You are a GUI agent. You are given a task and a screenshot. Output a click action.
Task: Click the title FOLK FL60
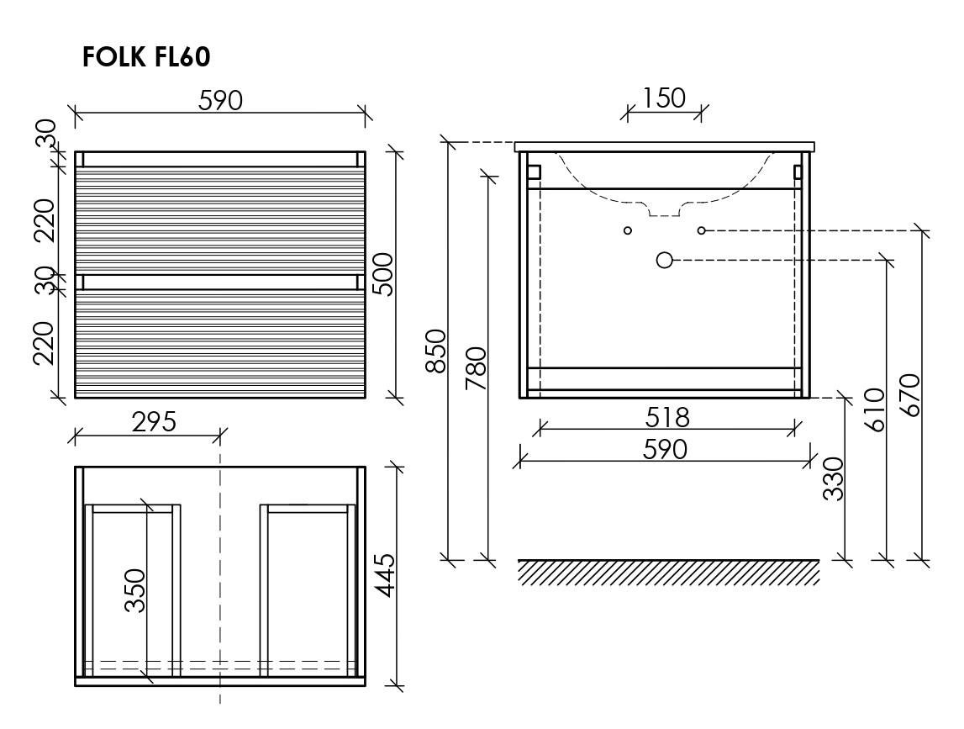(146, 56)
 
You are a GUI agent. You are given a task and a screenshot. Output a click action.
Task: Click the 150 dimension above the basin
(663, 98)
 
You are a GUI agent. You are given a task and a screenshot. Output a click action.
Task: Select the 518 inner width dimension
(667, 418)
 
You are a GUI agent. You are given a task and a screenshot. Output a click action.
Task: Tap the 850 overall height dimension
(436, 351)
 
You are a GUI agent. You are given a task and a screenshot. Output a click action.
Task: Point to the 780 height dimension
(477, 368)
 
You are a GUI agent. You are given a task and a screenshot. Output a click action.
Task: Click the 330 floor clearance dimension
(833, 478)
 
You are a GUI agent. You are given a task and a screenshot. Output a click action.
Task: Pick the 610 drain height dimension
(873, 409)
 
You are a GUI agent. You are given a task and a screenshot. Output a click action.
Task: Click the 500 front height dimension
(383, 274)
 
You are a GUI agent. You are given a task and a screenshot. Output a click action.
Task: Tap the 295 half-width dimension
(154, 422)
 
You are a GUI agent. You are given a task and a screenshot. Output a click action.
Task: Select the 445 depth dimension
(386, 574)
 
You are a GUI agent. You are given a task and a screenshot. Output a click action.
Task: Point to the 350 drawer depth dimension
(135, 590)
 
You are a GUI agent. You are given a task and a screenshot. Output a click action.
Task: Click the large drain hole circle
(665, 260)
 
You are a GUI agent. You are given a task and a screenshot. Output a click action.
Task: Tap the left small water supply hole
(628, 230)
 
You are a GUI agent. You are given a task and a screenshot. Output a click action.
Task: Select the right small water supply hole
(702, 230)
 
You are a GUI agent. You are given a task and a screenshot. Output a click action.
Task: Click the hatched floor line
(669, 572)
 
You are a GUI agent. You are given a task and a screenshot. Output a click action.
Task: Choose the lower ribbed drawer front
(220, 344)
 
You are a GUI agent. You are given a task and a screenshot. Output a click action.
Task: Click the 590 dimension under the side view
(665, 450)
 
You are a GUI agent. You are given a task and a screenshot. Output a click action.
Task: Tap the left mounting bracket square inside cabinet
(534, 172)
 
